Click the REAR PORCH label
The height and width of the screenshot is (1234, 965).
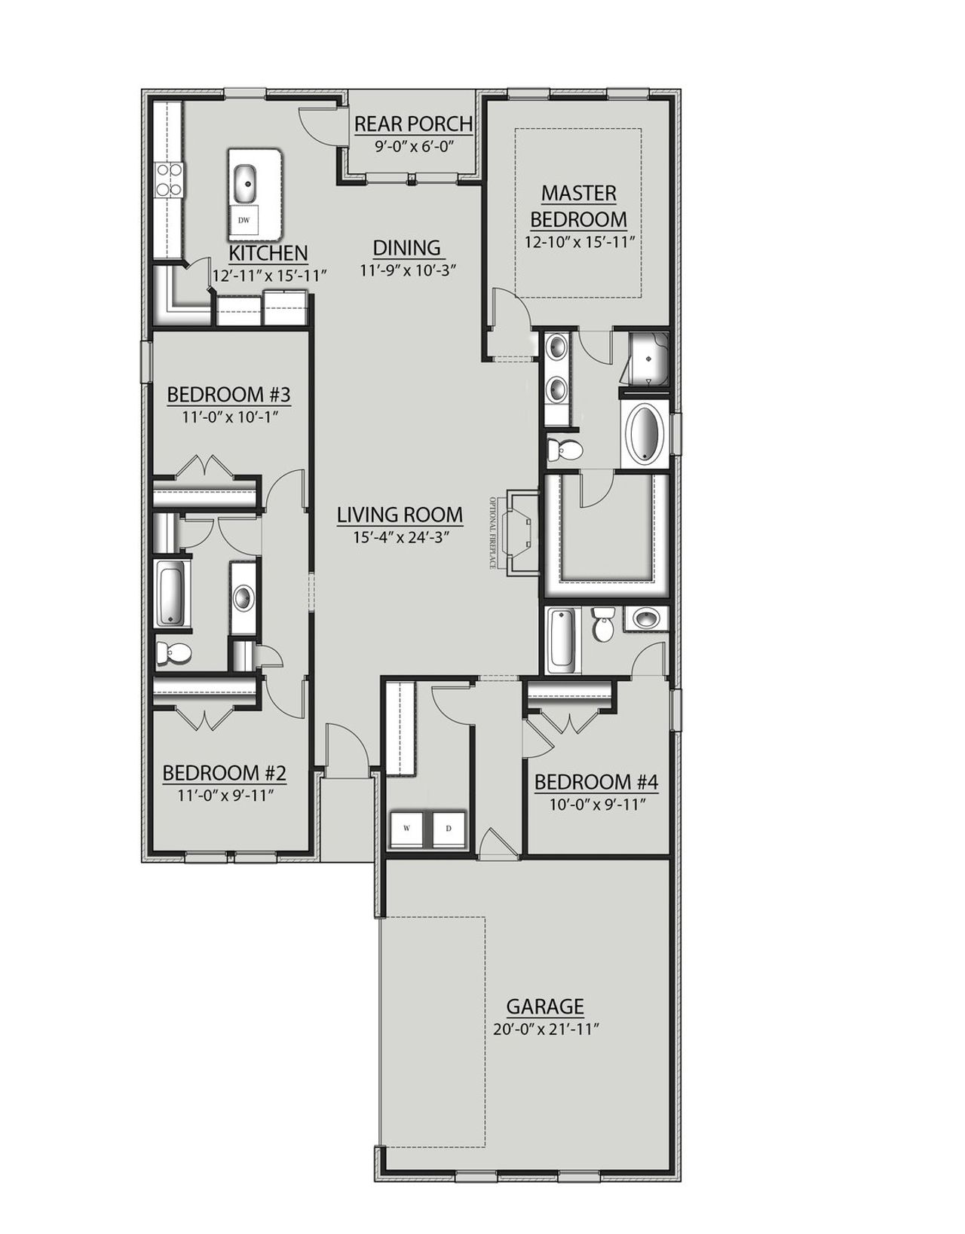[413, 123]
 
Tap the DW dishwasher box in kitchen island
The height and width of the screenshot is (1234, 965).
[244, 221]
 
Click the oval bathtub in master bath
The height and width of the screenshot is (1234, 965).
[645, 434]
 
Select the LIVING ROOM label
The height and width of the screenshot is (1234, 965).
[400, 515]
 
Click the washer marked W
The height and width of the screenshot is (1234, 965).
[407, 829]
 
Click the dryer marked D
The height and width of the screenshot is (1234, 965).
[449, 829]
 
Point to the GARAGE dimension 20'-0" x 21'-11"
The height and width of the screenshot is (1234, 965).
[545, 1029]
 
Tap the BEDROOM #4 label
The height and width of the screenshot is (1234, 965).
[596, 783]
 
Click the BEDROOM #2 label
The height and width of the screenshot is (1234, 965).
[224, 773]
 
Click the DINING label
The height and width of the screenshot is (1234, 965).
[407, 247]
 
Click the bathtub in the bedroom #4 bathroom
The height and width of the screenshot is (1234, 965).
[562, 640]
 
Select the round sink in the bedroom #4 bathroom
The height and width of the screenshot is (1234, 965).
[646, 619]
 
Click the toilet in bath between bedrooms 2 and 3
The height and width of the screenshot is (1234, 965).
[173, 653]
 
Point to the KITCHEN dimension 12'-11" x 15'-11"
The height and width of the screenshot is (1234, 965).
[269, 276]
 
